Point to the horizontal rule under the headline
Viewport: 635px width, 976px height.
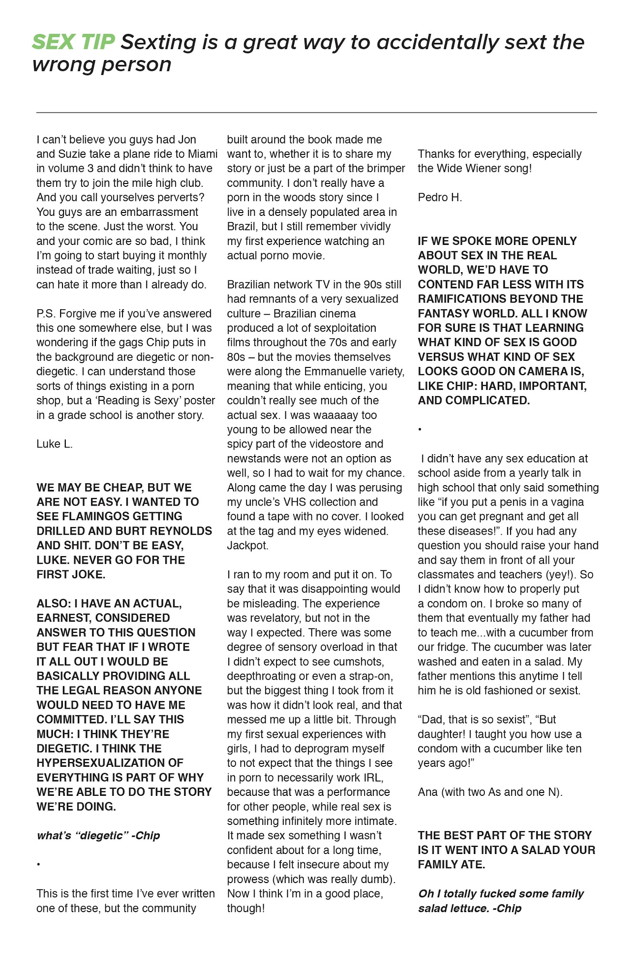(317, 112)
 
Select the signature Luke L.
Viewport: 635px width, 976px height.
(54, 444)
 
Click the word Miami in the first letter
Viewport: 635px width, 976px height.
(202, 154)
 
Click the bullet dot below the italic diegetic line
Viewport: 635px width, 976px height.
(38, 864)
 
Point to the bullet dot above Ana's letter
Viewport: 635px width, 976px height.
(420, 430)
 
